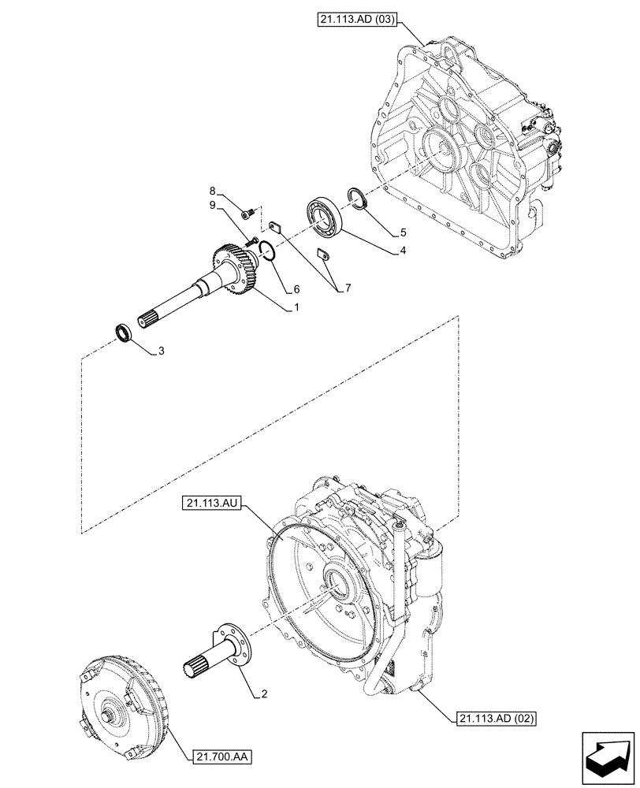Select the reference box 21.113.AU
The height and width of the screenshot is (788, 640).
[210, 501]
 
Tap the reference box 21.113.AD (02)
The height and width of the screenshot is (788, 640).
[495, 719]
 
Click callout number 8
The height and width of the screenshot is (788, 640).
[212, 191]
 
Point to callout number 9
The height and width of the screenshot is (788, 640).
[212, 206]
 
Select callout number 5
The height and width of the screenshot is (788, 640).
[403, 232]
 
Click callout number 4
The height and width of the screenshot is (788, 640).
[403, 251]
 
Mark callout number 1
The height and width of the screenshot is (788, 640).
[296, 309]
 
